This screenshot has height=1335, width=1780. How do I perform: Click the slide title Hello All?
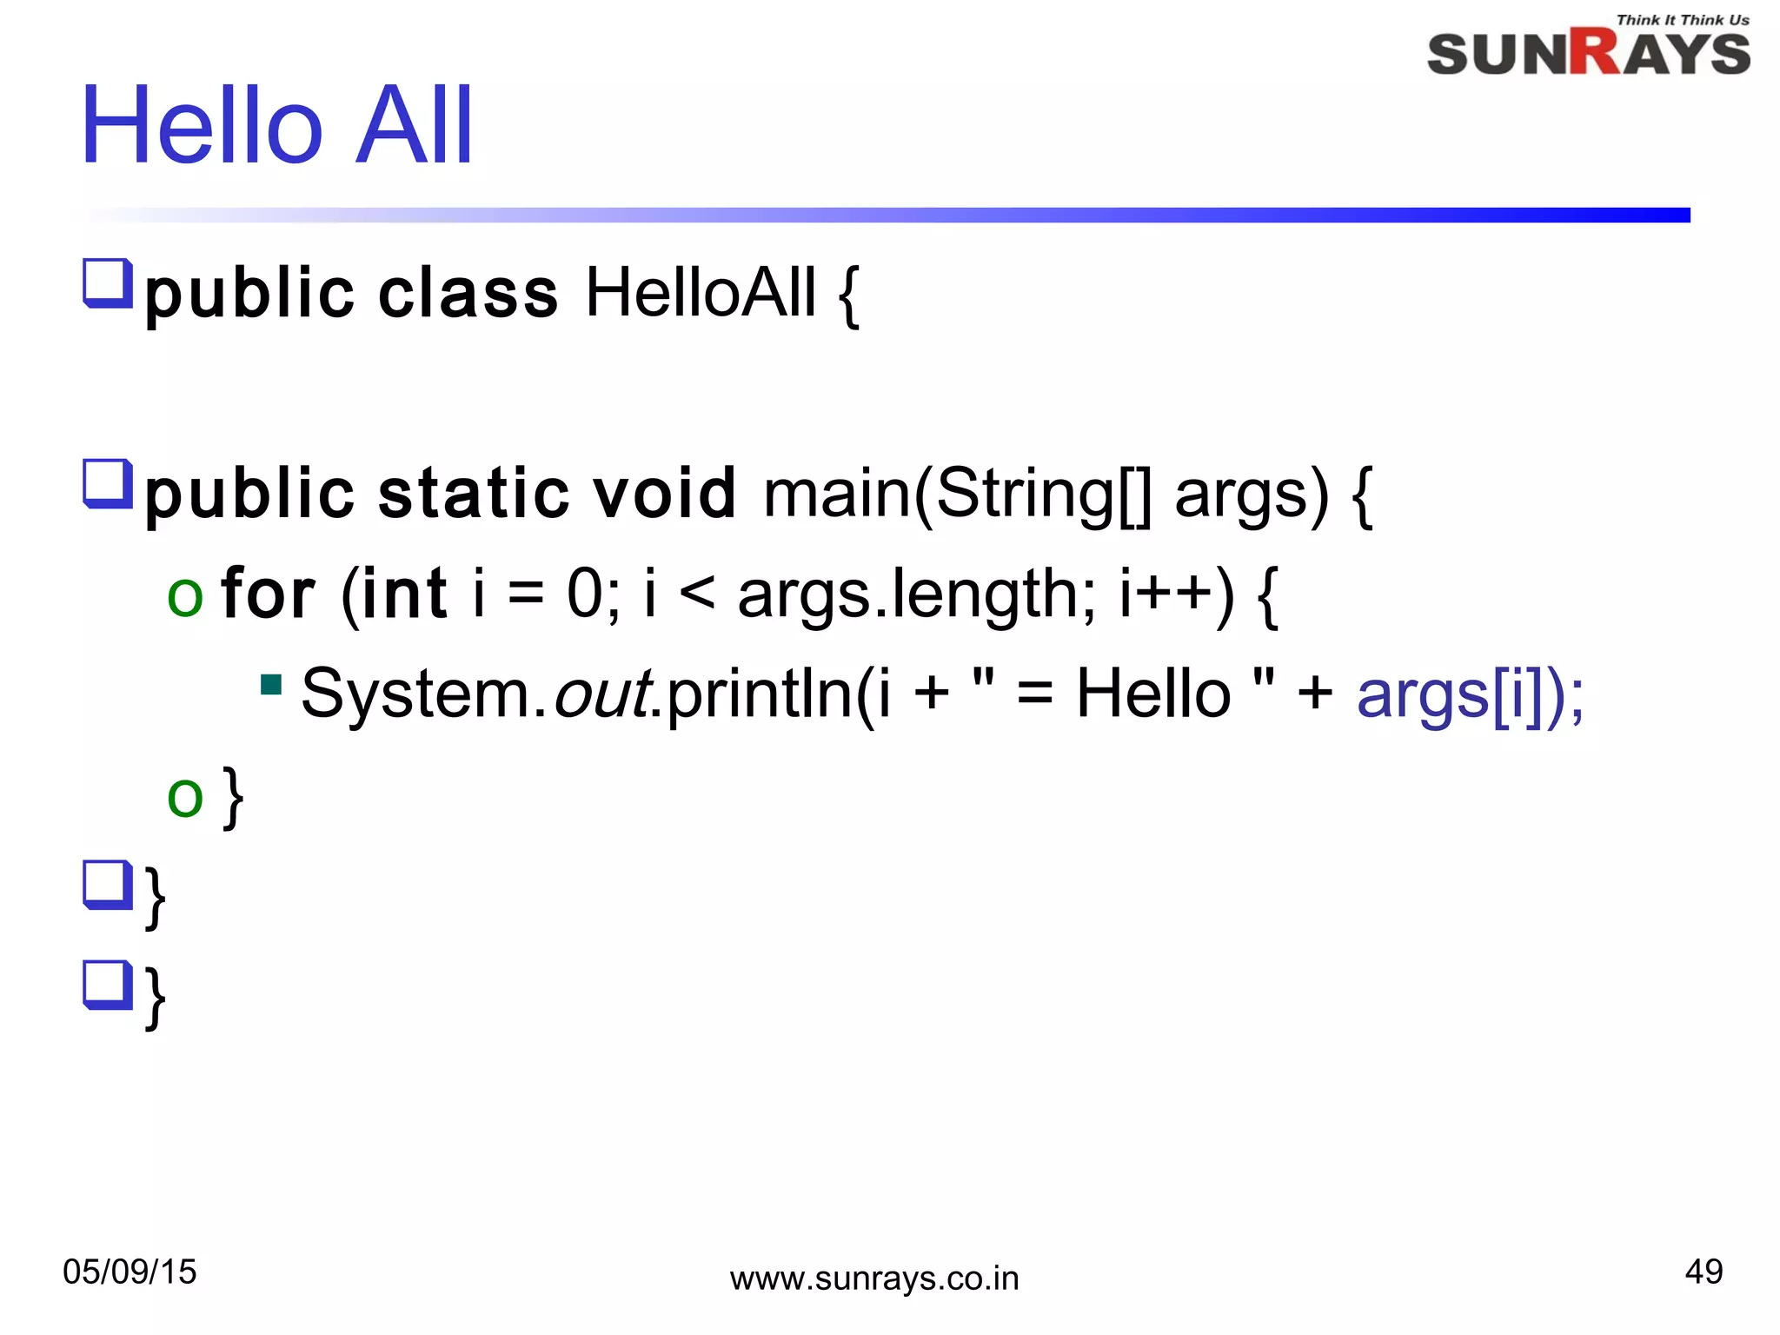276,125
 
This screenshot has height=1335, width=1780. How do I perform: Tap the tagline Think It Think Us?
1682,19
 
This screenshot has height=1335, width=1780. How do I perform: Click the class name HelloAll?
701,293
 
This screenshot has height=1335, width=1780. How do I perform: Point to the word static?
474,493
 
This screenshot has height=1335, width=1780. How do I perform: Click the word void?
664,493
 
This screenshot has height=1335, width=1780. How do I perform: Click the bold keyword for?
267,594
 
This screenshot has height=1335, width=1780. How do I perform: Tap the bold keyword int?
404,594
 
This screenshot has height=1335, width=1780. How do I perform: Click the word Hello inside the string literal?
1152,694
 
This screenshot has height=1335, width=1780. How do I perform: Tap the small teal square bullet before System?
271,685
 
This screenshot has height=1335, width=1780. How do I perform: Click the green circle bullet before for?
185,597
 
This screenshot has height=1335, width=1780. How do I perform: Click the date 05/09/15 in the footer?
130,1272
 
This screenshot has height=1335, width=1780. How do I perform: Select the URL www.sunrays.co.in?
873,1279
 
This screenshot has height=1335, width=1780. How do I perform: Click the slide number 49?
1703,1272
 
